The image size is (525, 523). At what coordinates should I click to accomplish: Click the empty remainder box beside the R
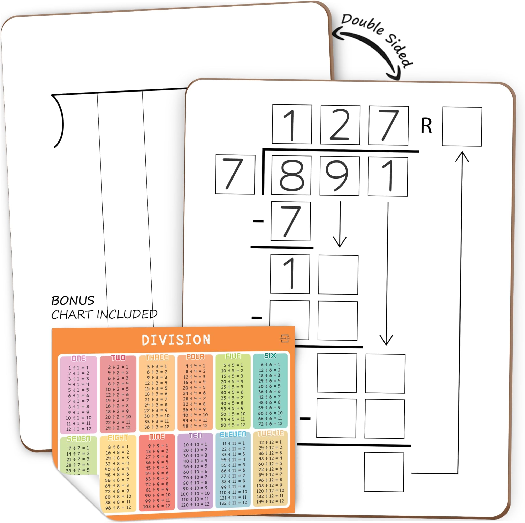[x=462, y=126]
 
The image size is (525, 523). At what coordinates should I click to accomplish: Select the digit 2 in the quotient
[x=340, y=125]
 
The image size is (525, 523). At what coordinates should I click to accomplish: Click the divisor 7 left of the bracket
[x=235, y=174]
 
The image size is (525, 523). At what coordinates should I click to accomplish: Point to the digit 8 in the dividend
[x=291, y=175]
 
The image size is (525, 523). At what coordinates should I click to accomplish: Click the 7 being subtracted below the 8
[x=290, y=221]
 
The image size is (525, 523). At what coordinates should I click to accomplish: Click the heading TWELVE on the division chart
[x=270, y=433]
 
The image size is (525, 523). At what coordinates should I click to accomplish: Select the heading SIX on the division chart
[x=270, y=356]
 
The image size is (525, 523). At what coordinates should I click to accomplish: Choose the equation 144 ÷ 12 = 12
[x=270, y=501]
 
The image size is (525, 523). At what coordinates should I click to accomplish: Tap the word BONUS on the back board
[x=73, y=301]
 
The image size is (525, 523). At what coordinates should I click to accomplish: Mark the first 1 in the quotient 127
[x=292, y=125]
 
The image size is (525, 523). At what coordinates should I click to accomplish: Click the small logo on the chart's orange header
[x=284, y=339]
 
